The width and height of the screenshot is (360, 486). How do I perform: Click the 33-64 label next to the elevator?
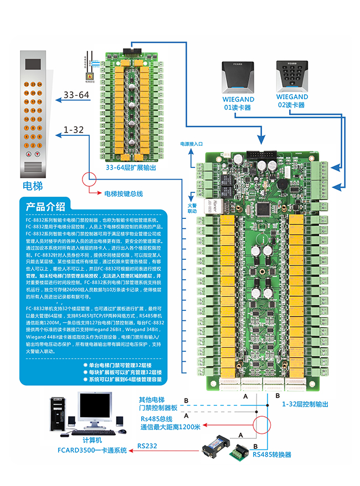(77, 95)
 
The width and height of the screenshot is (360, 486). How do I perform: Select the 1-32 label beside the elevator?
(74, 130)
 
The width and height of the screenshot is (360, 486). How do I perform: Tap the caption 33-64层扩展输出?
(131, 167)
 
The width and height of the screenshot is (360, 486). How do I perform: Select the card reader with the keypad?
(291, 74)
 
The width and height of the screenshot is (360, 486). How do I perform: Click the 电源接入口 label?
(192, 144)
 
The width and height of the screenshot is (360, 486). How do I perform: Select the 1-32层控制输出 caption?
(306, 405)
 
